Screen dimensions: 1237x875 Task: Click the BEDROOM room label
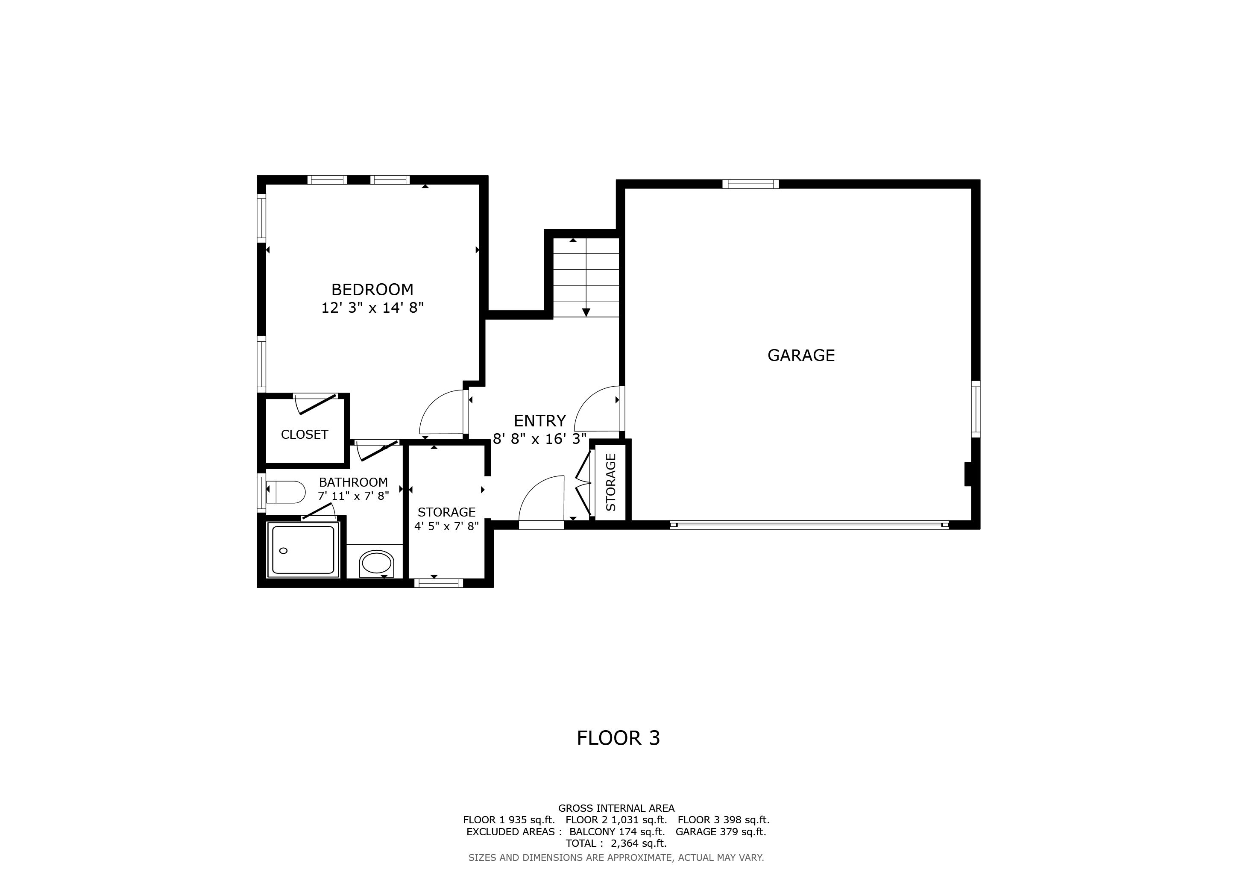[x=372, y=290]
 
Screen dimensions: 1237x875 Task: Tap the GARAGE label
[x=801, y=355]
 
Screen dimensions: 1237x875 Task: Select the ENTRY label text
[x=540, y=420]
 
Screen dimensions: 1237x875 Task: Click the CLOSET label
[x=305, y=434]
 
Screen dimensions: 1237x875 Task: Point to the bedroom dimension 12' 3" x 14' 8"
[x=372, y=308]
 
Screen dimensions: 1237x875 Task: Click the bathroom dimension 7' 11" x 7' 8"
[x=353, y=496]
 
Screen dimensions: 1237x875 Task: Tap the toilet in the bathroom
[x=286, y=492]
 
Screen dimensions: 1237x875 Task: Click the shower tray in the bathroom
[x=303, y=549]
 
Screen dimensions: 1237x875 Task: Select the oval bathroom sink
[x=377, y=564]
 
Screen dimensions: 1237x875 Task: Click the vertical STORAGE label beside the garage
[x=611, y=482]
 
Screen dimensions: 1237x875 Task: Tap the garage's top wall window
[x=750, y=184]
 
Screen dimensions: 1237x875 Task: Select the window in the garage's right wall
[x=975, y=409]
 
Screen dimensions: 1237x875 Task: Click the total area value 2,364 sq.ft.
[x=639, y=843]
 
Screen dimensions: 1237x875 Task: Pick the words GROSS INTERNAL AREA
[x=616, y=808]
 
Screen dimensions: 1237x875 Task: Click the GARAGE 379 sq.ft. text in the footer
[x=721, y=831]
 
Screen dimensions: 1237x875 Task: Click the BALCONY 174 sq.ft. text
[x=617, y=831]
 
